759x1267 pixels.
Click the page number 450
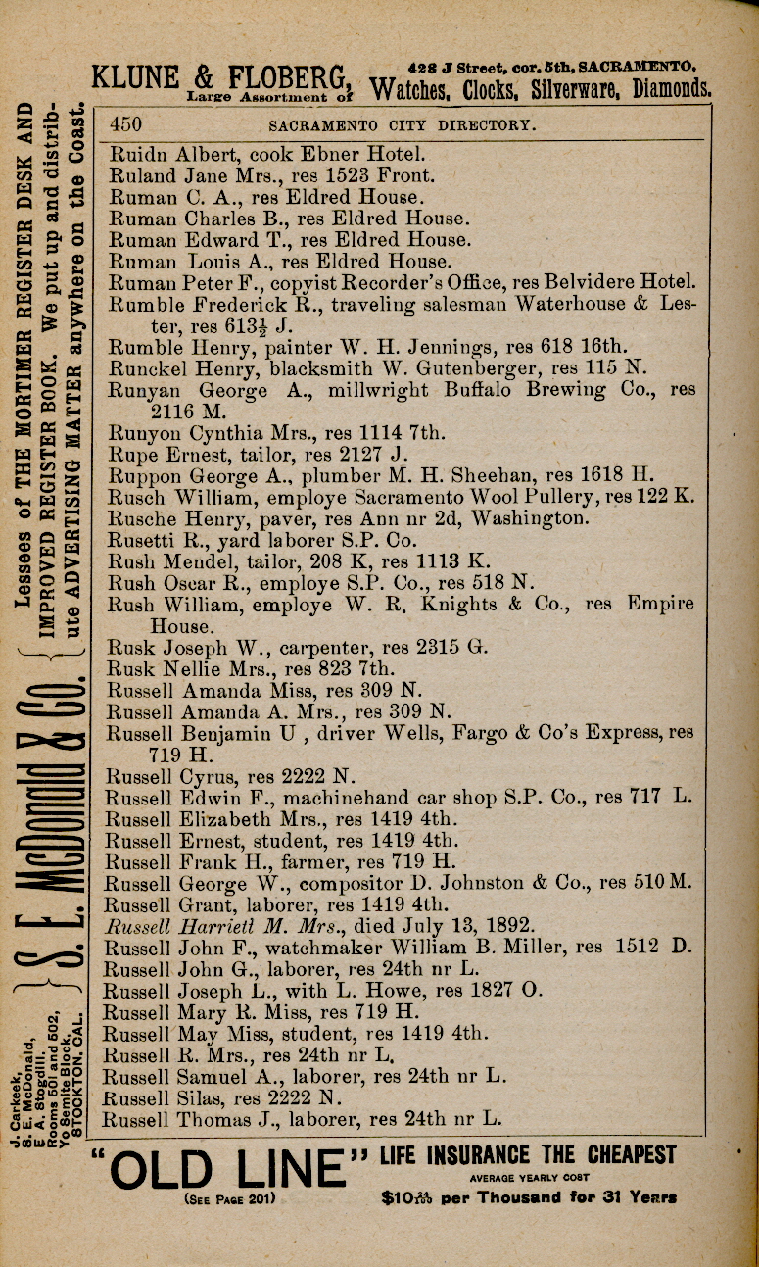click(x=127, y=124)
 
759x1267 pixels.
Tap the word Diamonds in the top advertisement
click(x=672, y=90)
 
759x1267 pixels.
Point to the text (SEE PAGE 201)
click(x=229, y=1197)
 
